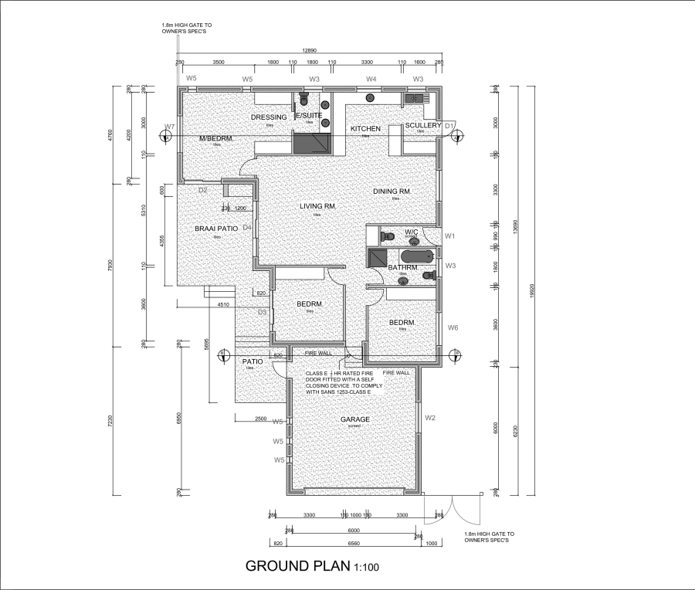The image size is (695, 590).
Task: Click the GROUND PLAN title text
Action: pyautogui.click(x=297, y=566)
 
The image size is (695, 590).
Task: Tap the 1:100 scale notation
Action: pyautogui.click(x=366, y=568)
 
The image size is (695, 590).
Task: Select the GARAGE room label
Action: pyautogui.click(x=355, y=420)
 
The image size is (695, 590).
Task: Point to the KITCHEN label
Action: pyautogui.click(x=365, y=128)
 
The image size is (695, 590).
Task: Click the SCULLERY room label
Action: pyautogui.click(x=422, y=125)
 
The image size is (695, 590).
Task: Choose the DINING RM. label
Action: pyautogui.click(x=392, y=192)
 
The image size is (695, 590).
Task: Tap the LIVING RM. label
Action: pyautogui.click(x=317, y=206)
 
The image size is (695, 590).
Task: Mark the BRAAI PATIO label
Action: pyautogui.click(x=216, y=229)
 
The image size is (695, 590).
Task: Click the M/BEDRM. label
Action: pyautogui.click(x=216, y=138)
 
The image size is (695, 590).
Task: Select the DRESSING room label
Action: pyautogui.click(x=269, y=117)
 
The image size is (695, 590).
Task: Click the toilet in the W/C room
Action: pyautogui.click(x=388, y=236)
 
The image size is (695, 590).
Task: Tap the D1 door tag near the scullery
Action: pyautogui.click(x=449, y=125)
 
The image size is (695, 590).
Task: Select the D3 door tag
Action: pyautogui.click(x=262, y=312)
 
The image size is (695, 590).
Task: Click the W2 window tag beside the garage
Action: pyautogui.click(x=431, y=418)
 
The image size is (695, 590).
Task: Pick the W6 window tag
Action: pyautogui.click(x=453, y=327)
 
